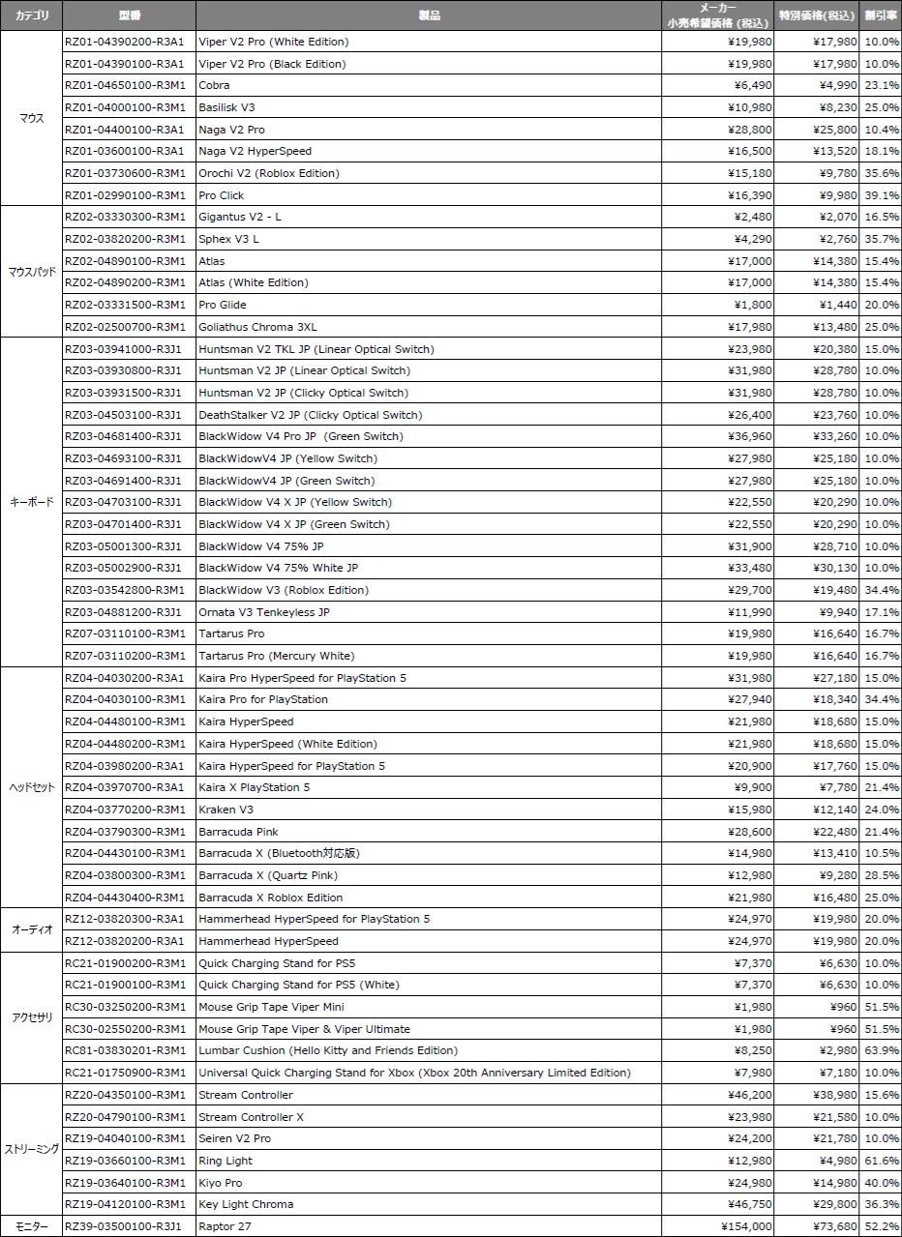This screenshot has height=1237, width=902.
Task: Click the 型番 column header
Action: [x=129, y=15]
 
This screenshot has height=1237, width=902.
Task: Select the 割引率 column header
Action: [x=881, y=15]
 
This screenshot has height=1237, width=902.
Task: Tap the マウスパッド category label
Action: [x=31, y=272]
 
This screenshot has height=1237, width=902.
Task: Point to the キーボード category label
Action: [x=31, y=502]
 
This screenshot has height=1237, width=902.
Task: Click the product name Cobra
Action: [x=214, y=85]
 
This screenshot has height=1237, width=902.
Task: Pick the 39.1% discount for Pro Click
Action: [x=882, y=195]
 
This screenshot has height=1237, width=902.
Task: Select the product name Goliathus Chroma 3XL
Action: [x=257, y=327]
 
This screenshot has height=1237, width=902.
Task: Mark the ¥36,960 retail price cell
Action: [x=750, y=436]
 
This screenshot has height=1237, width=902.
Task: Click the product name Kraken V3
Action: [x=225, y=810]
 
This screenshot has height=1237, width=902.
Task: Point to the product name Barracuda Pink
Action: [x=238, y=832]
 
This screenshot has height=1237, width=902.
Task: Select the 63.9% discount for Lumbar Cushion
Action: [x=882, y=1050]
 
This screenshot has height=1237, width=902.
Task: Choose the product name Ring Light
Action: [x=225, y=1161]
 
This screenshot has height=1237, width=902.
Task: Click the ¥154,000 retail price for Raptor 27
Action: [x=746, y=1226]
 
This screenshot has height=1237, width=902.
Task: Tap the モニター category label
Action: [x=31, y=1226]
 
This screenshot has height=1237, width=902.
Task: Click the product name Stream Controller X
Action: [x=251, y=1117]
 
